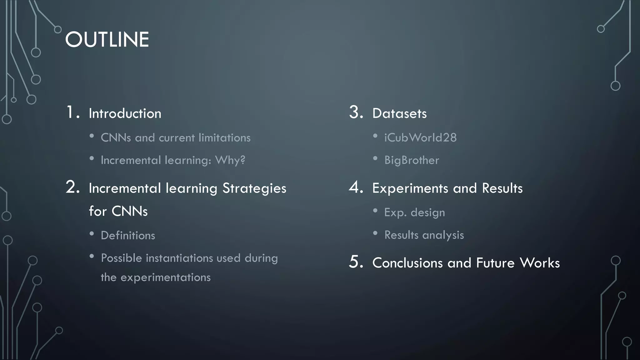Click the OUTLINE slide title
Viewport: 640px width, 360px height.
pos(107,40)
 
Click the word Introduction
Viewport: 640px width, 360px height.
pos(125,113)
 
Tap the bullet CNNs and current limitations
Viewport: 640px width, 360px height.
pos(175,137)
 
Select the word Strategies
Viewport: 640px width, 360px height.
pos(254,188)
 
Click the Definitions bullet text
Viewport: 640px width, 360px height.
pos(128,235)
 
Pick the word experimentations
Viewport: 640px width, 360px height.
pos(165,277)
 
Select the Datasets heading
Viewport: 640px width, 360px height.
pos(399,113)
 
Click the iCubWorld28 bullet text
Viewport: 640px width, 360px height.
pos(420,137)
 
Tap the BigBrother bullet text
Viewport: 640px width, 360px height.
pos(412,160)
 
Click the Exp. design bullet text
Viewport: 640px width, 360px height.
pos(414,212)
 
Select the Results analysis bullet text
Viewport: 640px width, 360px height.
pos(424,235)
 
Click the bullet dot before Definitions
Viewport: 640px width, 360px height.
pos(92,234)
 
